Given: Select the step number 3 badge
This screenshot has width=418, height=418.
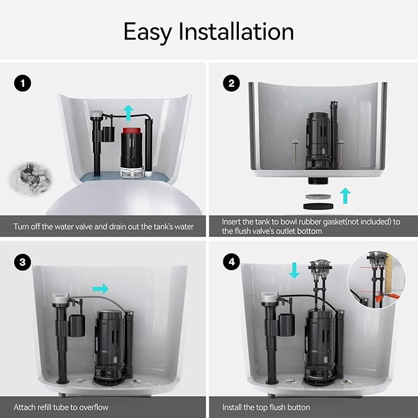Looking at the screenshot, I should point(23,262).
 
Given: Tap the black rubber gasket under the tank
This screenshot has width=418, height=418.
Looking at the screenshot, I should point(316,202).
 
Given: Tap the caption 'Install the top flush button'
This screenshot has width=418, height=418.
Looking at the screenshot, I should point(267,407).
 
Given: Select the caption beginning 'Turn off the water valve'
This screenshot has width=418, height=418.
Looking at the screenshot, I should point(103,227).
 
